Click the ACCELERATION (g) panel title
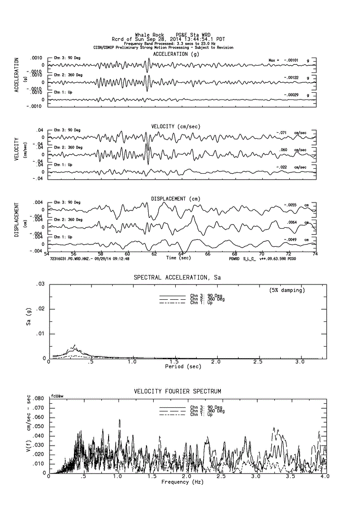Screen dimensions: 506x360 tap(176, 54)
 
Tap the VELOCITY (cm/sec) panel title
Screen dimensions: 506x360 tap(176, 126)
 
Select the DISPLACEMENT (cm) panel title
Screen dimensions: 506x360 tap(176, 199)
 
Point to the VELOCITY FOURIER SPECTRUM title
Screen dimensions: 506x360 tap(177, 391)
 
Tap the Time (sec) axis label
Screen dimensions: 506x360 tap(178, 258)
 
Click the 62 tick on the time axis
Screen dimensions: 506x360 tap(154, 254)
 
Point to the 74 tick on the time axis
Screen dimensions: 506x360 tap(315, 254)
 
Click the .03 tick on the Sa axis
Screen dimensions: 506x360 tap(41, 284)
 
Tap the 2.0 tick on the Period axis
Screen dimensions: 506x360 tap(217, 362)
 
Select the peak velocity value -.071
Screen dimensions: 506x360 tap(283, 133)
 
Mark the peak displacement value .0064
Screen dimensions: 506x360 tap(293, 222)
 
